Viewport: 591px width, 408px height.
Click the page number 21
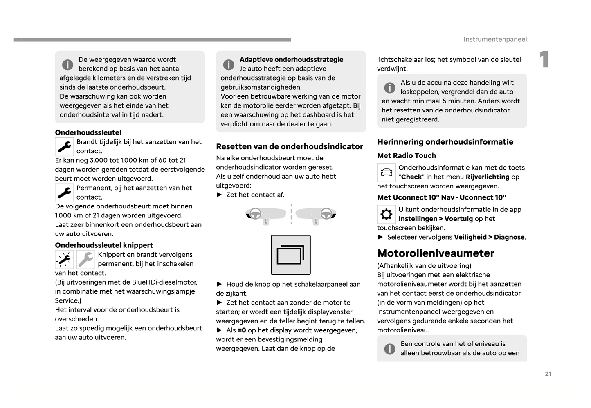click(x=548, y=374)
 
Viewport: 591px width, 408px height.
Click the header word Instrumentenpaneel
click(x=495, y=39)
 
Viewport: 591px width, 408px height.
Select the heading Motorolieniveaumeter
click(x=436, y=253)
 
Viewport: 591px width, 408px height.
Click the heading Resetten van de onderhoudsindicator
click(x=289, y=146)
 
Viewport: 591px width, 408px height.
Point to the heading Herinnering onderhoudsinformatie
click(x=445, y=142)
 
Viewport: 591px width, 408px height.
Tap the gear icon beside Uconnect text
click(x=386, y=214)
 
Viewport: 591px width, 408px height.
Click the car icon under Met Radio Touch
click(x=386, y=172)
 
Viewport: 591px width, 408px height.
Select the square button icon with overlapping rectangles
click(x=290, y=255)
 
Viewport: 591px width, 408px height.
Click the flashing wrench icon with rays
click(x=64, y=259)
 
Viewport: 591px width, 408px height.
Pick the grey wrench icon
click(x=86, y=259)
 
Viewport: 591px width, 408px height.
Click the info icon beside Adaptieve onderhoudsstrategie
click(x=229, y=65)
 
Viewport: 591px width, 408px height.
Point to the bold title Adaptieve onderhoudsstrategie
click(x=291, y=59)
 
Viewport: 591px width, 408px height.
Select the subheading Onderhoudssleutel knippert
click(x=104, y=245)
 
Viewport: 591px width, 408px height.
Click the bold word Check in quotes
click(x=411, y=177)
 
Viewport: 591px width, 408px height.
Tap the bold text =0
click(x=242, y=330)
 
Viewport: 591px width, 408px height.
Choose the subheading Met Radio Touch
click(x=406, y=155)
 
